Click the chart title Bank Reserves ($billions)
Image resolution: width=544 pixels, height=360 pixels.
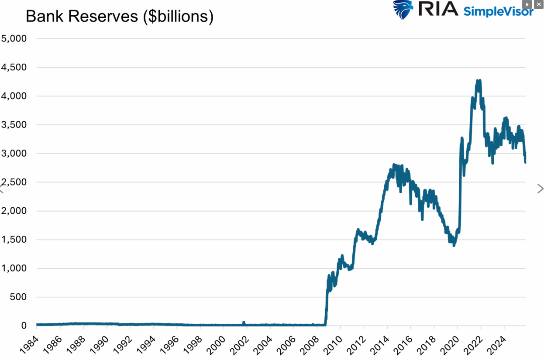point(119,17)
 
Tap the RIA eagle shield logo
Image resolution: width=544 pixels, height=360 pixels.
point(403,10)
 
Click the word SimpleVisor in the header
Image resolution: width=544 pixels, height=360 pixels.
point(498,11)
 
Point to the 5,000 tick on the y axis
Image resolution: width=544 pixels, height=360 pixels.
point(14,38)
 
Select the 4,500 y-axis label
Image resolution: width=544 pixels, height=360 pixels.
point(14,67)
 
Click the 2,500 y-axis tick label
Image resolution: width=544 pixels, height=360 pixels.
point(14,182)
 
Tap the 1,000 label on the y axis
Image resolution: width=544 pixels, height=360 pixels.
point(14,268)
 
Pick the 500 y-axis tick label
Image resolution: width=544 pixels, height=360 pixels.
point(18,297)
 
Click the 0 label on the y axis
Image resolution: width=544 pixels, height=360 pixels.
point(24,326)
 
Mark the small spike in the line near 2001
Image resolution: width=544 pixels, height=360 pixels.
point(244,322)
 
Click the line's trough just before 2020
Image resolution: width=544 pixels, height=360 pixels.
point(454,245)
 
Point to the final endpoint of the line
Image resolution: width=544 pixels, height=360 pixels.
point(525,162)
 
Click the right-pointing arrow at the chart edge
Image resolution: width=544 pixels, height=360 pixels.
point(540,189)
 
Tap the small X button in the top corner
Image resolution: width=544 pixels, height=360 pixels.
point(538,4)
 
